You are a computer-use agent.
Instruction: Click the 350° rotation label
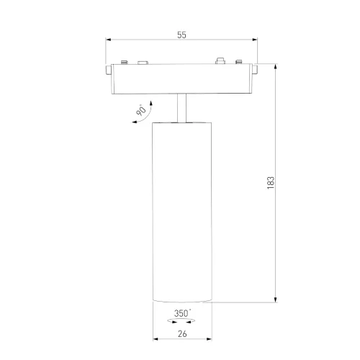[x=181, y=313]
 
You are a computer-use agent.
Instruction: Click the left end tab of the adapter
[x=107, y=70]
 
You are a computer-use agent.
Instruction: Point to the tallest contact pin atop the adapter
[x=220, y=61]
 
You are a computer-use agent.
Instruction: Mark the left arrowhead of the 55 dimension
[x=108, y=40]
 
